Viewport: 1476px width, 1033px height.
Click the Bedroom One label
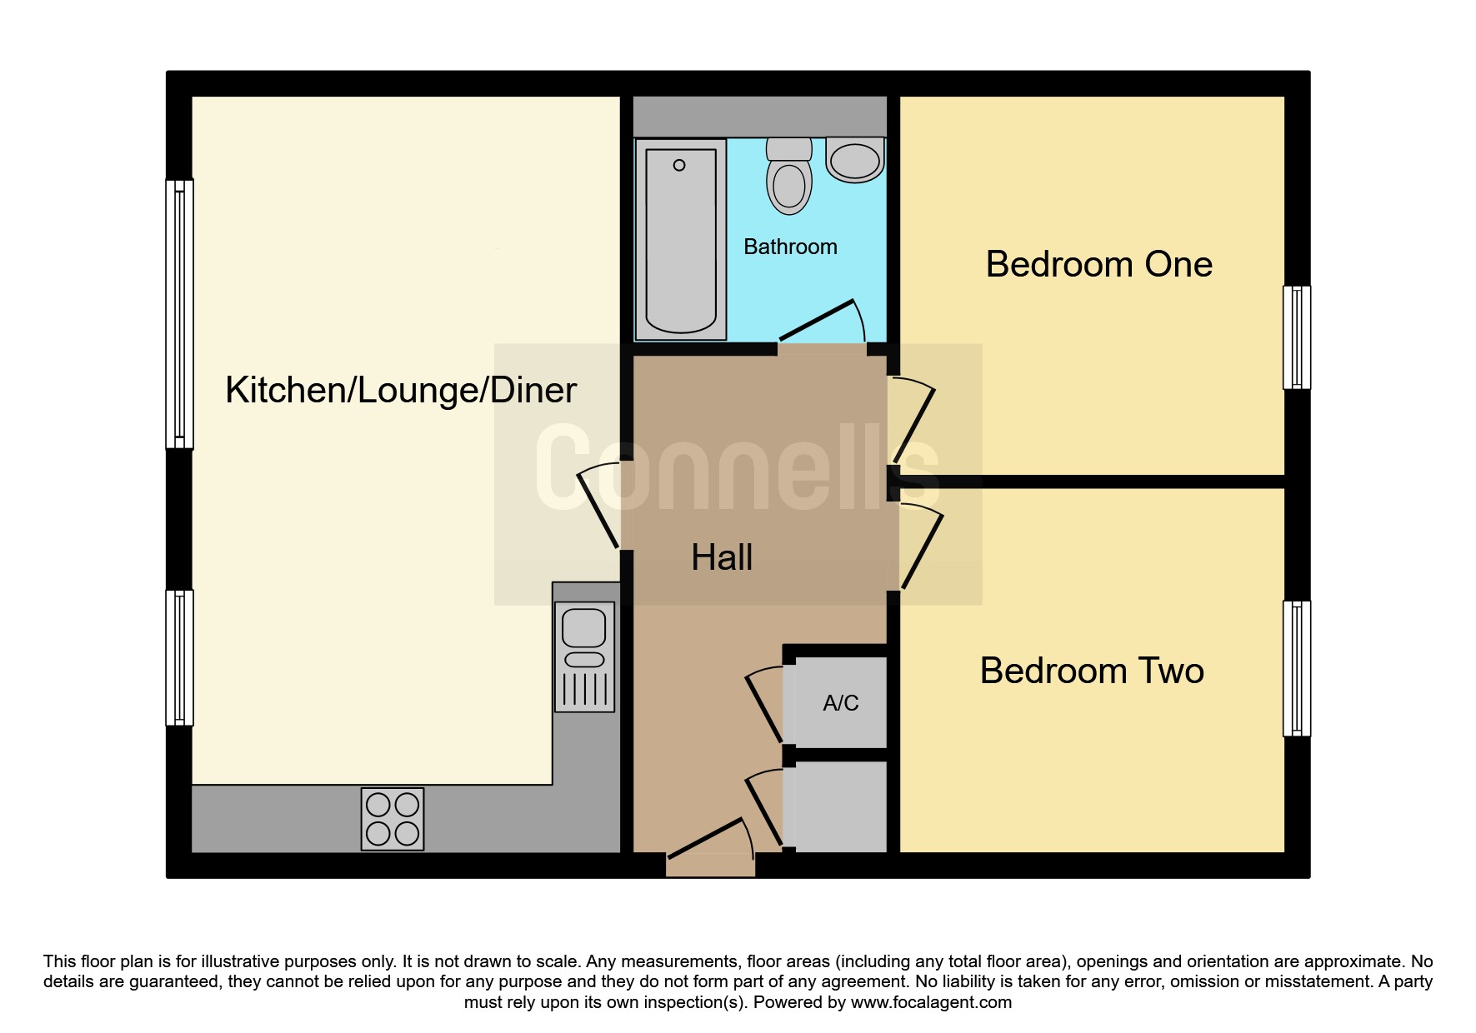click(1098, 264)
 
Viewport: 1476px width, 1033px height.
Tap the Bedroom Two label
click(1092, 671)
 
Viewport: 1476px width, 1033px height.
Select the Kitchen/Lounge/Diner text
click(401, 390)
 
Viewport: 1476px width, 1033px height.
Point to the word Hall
click(722, 557)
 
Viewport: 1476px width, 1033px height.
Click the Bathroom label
click(790, 247)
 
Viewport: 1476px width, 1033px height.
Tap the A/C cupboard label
click(840, 703)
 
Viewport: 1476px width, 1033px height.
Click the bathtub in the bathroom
click(681, 239)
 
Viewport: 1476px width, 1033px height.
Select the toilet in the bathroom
click(789, 176)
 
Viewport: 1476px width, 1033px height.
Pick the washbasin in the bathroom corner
click(855, 160)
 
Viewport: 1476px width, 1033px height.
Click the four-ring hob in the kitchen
click(393, 819)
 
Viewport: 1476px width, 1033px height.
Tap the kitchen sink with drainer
click(584, 656)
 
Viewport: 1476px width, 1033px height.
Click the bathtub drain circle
click(679, 165)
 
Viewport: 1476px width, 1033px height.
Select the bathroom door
click(822, 321)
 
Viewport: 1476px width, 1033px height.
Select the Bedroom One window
click(1296, 337)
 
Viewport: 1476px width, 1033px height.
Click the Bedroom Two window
click(1296, 669)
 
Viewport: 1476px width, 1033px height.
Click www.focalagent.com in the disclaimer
click(931, 1002)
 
